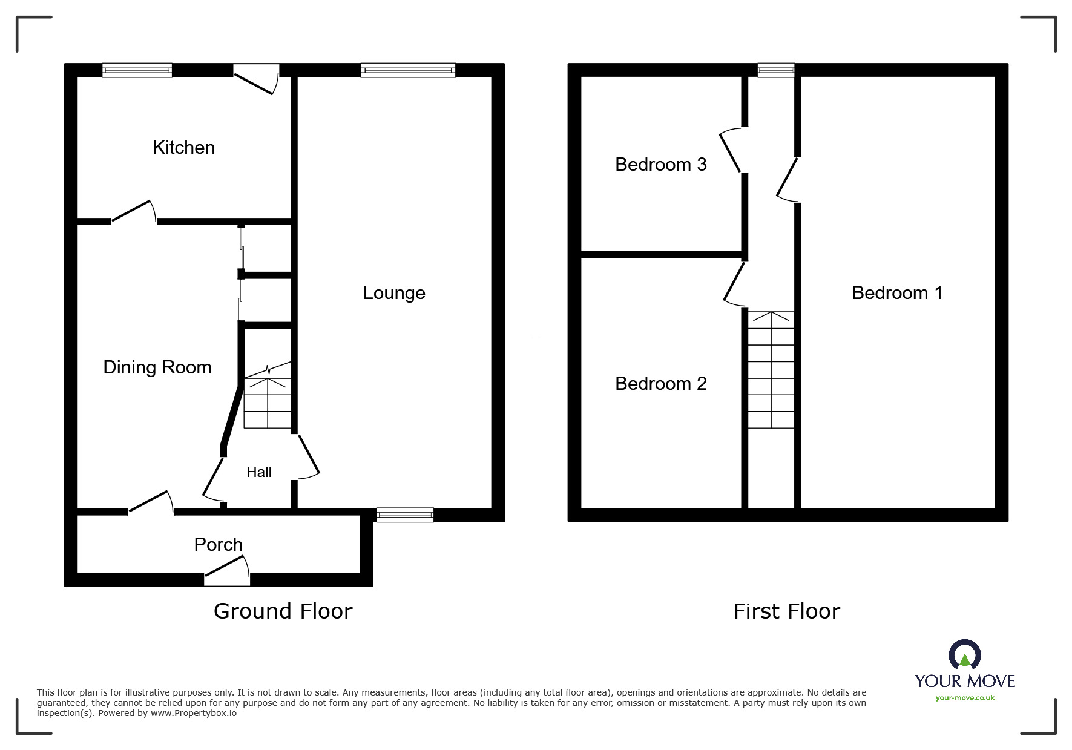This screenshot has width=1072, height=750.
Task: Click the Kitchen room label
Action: [x=183, y=148]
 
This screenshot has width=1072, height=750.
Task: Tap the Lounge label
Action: [x=394, y=293]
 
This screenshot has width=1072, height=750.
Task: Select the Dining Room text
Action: [x=157, y=367]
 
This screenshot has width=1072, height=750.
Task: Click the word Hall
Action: [x=258, y=472]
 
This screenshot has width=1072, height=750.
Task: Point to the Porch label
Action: [x=218, y=545]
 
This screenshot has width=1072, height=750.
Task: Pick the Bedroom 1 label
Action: [x=897, y=293]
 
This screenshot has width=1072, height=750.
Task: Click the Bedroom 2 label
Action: [x=661, y=384]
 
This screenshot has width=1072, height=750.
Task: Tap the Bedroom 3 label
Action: [x=661, y=165]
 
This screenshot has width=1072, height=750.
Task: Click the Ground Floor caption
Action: [x=283, y=611]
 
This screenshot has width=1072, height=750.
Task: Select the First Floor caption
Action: [x=786, y=611]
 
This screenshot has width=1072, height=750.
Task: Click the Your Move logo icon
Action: [x=964, y=655]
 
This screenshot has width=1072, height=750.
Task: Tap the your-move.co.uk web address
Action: [x=965, y=698]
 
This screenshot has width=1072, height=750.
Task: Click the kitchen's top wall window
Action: [x=137, y=71]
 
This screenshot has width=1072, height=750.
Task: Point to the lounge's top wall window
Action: [x=408, y=71]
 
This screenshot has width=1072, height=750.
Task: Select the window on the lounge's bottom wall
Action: [x=405, y=515]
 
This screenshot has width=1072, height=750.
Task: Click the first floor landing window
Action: [x=776, y=71]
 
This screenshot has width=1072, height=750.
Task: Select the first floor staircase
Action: [x=771, y=369]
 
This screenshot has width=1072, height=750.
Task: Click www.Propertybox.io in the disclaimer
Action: [x=193, y=713]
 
